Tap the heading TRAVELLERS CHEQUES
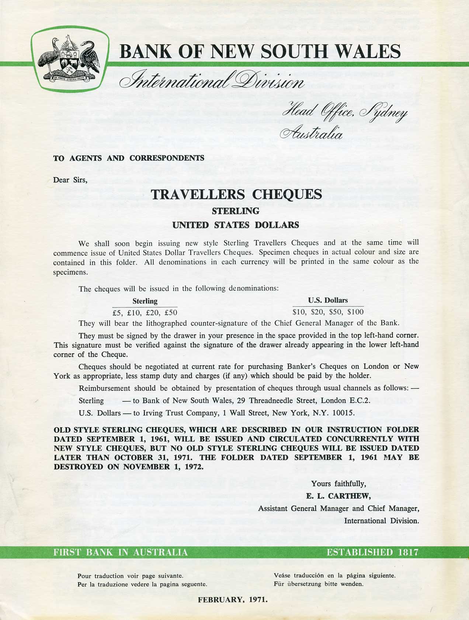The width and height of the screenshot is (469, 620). (236, 194)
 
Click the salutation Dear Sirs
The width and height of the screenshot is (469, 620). (70, 180)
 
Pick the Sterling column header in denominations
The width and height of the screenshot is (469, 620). (145, 301)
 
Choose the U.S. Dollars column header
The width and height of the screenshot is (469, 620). (328, 300)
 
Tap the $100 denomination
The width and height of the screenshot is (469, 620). (355, 312)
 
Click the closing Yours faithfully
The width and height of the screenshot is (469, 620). (338, 483)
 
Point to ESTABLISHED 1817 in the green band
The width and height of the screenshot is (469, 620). (372, 552)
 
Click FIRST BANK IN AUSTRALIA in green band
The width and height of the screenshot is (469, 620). (121, 552)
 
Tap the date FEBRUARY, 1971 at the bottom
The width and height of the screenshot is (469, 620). (233, 599)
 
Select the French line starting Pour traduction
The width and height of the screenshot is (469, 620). (130, 576)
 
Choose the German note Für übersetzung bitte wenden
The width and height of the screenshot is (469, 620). (319, 584)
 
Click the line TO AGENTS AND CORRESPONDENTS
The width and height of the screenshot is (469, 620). (129, 158)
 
